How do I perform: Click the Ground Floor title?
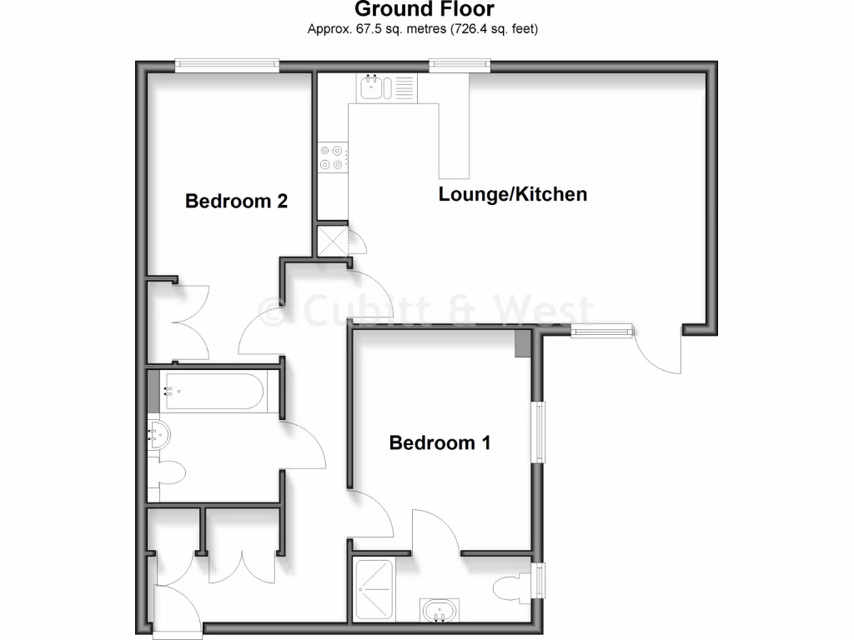[424, 10]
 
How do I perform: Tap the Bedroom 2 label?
[236, 201]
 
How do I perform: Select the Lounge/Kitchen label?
[513, 194]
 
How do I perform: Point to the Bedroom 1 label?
[440, 442]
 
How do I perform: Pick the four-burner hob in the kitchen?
[332, 158]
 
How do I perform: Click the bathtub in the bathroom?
[213, 391]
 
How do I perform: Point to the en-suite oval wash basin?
[439, 612]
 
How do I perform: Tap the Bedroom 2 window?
[226, 64]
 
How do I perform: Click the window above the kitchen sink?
[460, 64]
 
